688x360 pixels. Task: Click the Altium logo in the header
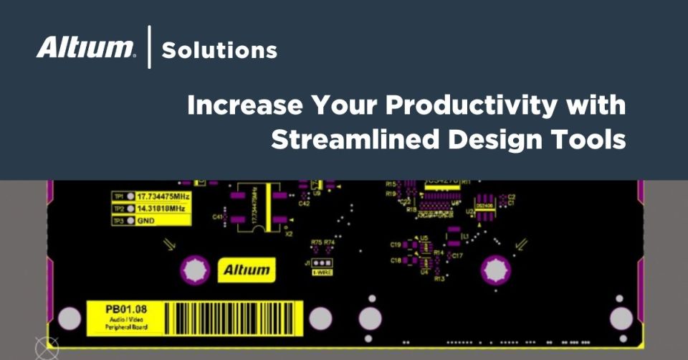coord(85,49)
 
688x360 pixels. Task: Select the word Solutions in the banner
coord(219,50)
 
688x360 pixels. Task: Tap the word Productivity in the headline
coord(471,106)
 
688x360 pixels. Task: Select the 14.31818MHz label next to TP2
coord(161,208)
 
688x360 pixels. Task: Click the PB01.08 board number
coord(125,310)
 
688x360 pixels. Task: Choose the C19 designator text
coord(396,245)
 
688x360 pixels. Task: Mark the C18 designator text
coord(396,261)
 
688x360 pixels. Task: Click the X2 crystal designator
coord(289,234)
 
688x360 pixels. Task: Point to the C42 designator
coord(304,204)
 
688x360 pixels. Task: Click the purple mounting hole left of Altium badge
coord(192,270)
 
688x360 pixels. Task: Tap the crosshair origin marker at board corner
coord(44,348)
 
